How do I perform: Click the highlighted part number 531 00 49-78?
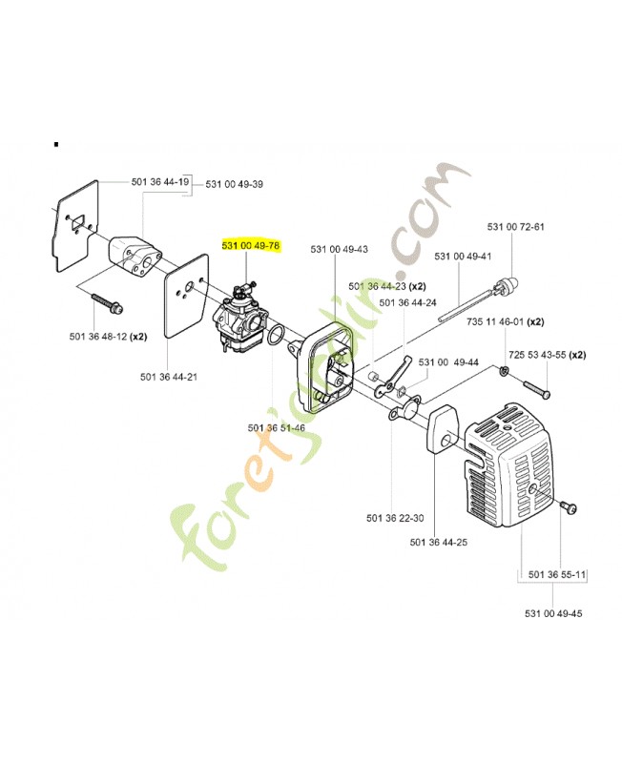coord(250,245)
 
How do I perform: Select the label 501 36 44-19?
coord(159,181)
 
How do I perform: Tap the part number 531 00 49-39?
coord(235,184)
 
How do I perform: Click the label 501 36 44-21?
coord(169,378)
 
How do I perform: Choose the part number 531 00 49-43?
coord(339,250)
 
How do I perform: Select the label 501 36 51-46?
coord(277,427)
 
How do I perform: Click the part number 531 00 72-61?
coord(515,226)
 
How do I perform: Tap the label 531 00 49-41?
coord(463,257)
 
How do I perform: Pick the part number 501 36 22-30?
coord(394,519)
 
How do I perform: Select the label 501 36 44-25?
coord(437,543)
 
